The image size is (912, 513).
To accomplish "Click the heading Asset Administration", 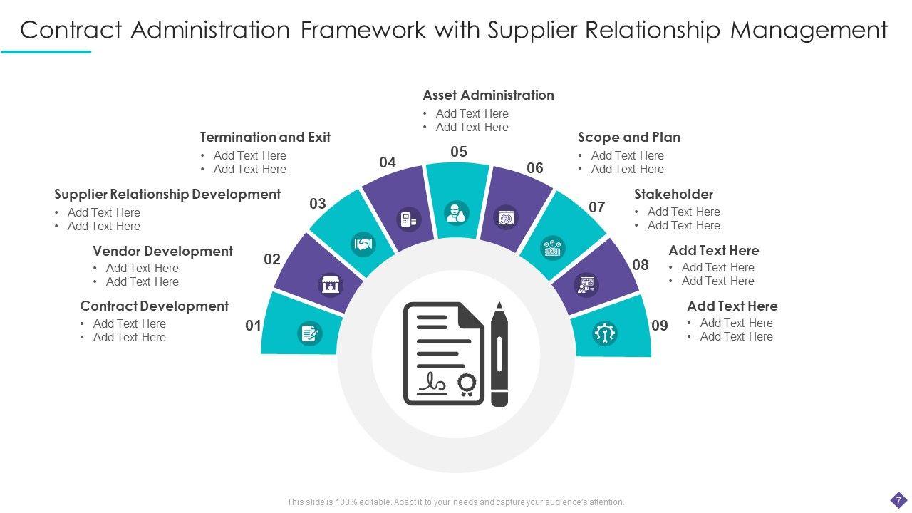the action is point(488,95).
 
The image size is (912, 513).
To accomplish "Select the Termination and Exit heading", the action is point(265,137).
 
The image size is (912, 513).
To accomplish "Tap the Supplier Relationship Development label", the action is point(167,194).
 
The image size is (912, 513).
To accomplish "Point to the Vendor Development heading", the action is point(162,251).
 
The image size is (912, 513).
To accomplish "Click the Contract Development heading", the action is point(154,306).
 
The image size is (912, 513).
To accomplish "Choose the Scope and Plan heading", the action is point(628,137).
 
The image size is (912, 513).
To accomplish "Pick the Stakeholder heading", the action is point(673,194).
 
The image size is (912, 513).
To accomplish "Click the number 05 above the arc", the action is point(459,152).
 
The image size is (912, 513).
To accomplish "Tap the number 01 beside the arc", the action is point(253,326).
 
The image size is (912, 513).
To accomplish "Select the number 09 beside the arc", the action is point(660,326).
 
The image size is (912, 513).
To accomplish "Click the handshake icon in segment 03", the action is point(363,244).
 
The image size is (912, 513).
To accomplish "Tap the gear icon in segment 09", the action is point(604,333).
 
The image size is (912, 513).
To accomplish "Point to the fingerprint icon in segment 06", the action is point(507,217).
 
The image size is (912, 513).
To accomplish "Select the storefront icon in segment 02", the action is point(330,285).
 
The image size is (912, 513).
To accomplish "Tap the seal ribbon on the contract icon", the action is point(467,385).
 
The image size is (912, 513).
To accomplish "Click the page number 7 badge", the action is point(898,500).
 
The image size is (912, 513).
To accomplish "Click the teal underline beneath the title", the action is point(46,51).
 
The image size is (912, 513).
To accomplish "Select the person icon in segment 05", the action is point(457,212).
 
